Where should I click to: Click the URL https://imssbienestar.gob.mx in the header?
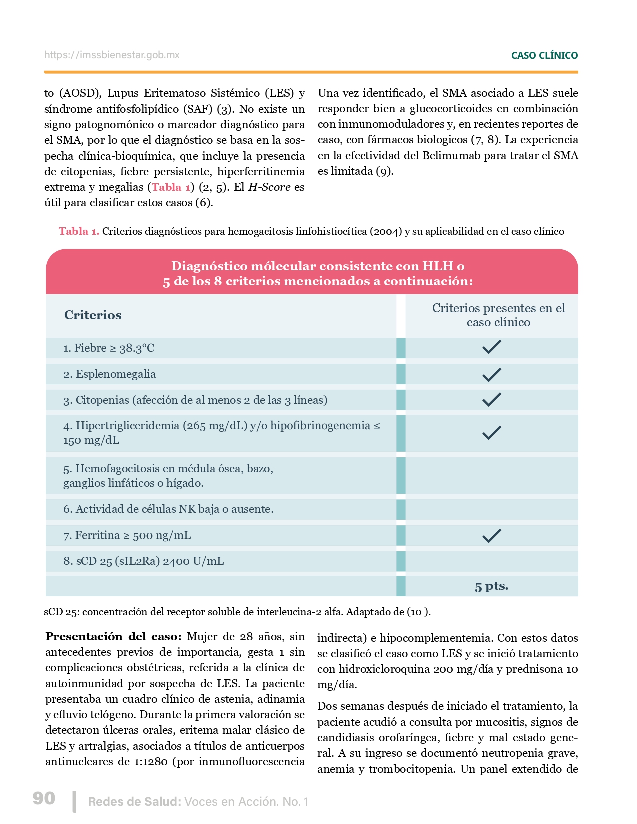tap(112, 55)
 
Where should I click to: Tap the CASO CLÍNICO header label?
tap(544, 56)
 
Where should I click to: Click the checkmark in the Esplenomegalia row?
tap(492, 374)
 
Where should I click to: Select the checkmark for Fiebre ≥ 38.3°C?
tap(492, 347)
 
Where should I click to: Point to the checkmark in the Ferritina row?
tap(492, 536)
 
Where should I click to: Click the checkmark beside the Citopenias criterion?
tap(492, 400)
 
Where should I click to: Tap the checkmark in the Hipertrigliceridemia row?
tap(492, 432)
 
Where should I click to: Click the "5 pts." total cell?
tap(492, 586)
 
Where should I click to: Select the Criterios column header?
tap(93, 315)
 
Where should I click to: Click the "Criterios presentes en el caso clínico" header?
tap(498, 315)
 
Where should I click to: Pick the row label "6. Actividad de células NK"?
tap(168, 509)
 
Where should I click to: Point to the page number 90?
tap(44, 798)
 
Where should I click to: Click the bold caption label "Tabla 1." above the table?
tap(79, 231)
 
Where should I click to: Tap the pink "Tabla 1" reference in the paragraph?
tap(171, 187)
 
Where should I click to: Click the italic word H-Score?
tap(269, 187)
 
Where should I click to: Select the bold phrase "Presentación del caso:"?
tap(113, 637)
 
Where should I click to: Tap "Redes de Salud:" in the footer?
tap(134, 802)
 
